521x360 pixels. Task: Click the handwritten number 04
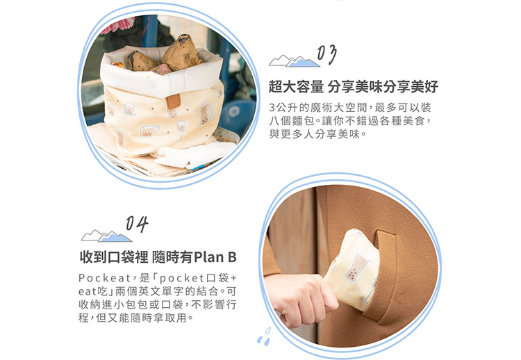pyautogui.click(x=137, y=224)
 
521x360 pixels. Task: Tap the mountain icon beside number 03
pyautogui.click(x=294, y=61)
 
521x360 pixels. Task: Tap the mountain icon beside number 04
pyautogui.click(x=106, y=236)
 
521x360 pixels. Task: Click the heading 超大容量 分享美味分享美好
pyautogui.click(x=353, y=87)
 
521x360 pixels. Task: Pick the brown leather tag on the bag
pyautogui.click(x=173, y=101)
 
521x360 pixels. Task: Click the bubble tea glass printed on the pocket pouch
pyautogui.click(x=353, y=268)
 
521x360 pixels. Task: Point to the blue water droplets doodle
pyautogui.click(x=264, y=336)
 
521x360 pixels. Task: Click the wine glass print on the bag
pyautogui.click(x=181, y=130)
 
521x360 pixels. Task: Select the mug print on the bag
pyautogui.click(x=149, y=130)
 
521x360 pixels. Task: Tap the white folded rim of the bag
pyautogui.click(x=162, y=77)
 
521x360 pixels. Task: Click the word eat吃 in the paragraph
pyautogui.click(x=92, y=291)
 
